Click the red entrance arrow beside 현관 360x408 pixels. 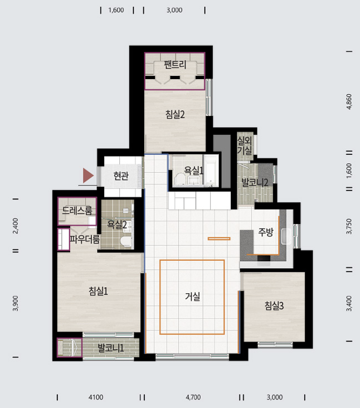coord(88,176)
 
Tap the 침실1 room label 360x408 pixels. coord(98,291)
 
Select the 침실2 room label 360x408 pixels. coord(175,114)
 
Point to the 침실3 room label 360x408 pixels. coord(274,306)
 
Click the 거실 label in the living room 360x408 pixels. coord(192,296)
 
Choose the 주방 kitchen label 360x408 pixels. coord(266,232)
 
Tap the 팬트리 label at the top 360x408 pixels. coord(175,65)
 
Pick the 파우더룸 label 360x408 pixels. coord(85,239)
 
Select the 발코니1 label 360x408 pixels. coord(110,348)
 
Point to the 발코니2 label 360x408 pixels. coord(255,182)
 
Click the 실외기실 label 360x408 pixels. coord(245,145)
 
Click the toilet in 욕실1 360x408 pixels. coord(179,179)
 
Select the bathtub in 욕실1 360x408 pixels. coord(211,171)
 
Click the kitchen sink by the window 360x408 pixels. coord(286,236)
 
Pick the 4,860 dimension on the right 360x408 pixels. coord(349,102)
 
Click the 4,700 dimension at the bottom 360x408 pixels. coord(193,397)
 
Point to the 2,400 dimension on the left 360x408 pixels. coord(16,226)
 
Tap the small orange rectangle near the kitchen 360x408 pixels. coord(219,239)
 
